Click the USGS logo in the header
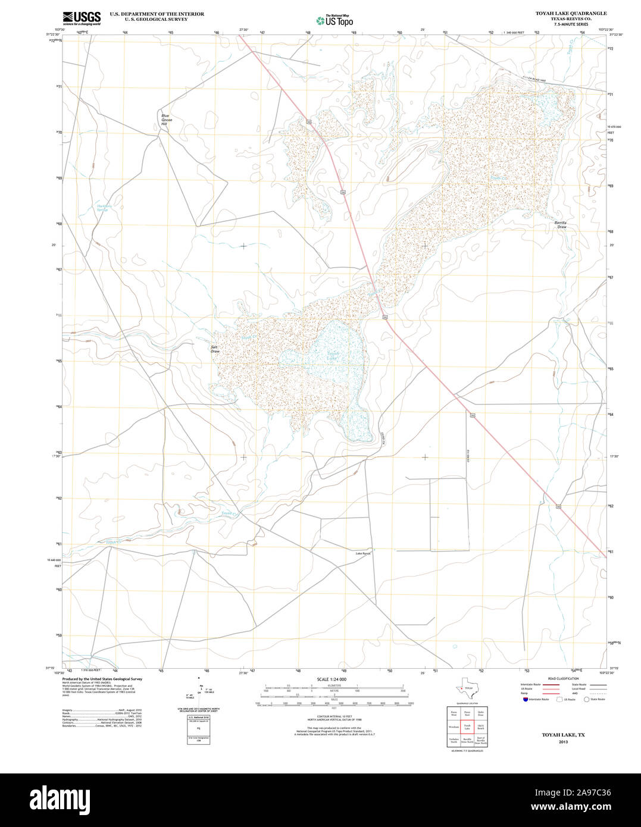pyautogui.click(x=82, y=18)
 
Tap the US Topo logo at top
pyautogui.click(x=334, y=20)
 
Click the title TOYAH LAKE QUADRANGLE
pyautogui.click(x=562, y=13)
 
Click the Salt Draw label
pyautogui.click(x=215, y=349)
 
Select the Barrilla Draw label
pyautogui.click(x=561, y=224)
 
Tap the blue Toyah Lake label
pyautogui.click(x=332, y=358)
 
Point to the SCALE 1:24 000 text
pyautogui.click(x=332, y=679)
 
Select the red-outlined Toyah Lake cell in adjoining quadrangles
pyautogui.click(x=467, y=728)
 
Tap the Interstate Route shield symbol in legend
pyautogui.click(x=524, y=700)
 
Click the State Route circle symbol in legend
pyautogui.click(x=586, y=700)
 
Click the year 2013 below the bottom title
pyautogui.click(x=562, y=742)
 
